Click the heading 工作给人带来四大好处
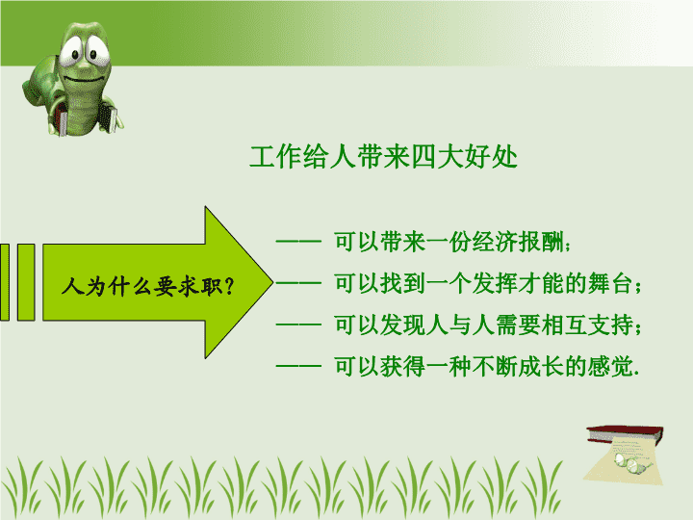coord(383,157)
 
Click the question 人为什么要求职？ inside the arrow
coord(148,286)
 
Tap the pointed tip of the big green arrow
coord(273,282)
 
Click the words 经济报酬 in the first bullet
coord(519,242)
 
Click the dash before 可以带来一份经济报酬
coord(298,242)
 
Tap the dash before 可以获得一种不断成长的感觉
coord(298,367)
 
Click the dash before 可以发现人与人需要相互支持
coord(298,325)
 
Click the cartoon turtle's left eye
coord(73,52)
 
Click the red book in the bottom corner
coord(625,433)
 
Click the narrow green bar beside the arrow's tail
coord(26,282)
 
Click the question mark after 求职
coord(229,286)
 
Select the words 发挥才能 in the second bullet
coord(519,283)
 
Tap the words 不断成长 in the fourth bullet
coord(519,367)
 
